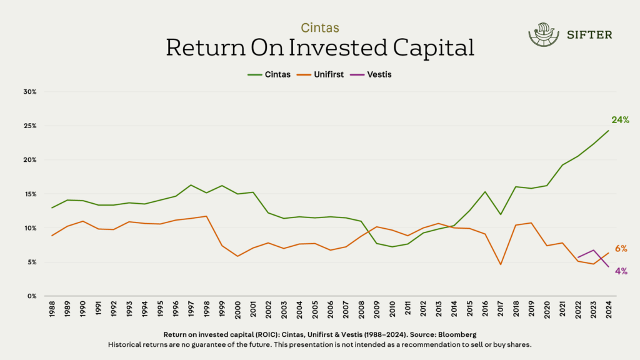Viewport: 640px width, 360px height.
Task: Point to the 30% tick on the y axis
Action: click(x=31, y=92)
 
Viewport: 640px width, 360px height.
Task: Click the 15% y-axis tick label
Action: click(x=31, y=194)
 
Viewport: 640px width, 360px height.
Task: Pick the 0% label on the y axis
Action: click(x=32, y=296)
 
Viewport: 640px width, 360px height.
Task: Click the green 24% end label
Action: click(x=620, y=120)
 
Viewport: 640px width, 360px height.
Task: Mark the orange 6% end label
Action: click(x=621, y=249)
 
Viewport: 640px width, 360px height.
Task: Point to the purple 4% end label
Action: click(x=621, y=271)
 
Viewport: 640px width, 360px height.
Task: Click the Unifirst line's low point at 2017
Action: click(x=501, y=264)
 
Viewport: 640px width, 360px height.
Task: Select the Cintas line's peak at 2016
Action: click(x=485, y=192)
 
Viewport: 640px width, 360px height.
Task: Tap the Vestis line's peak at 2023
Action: click(x=593, y=250)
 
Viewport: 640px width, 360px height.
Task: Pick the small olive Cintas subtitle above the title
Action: click(x=320, y=28)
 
